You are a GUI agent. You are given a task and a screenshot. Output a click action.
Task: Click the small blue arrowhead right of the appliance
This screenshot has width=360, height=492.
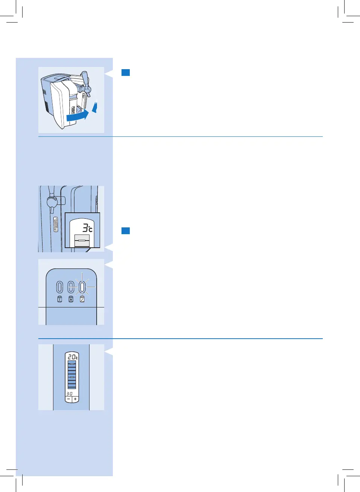pos(95,107)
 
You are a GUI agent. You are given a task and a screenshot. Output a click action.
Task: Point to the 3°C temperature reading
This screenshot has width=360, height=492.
pos(87,228)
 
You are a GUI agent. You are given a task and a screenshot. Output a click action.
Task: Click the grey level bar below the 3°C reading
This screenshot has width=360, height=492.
pos(82,241)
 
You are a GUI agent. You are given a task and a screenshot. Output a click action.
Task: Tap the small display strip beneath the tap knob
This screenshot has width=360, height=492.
pos(56,224)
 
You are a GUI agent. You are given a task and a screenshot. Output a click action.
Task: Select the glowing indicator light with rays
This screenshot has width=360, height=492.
pos(82,288)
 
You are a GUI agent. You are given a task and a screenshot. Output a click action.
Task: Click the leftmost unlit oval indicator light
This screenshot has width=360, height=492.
pos(59,288)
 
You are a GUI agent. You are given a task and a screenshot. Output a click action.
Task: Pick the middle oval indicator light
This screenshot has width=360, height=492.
pos(71,288)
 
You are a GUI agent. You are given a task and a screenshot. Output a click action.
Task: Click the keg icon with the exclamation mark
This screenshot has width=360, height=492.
pos(59,299)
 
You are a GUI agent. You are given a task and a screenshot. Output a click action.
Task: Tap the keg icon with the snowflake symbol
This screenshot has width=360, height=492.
pos(71,299)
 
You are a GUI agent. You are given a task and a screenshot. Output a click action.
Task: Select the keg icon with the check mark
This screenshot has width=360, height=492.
pos(82,299)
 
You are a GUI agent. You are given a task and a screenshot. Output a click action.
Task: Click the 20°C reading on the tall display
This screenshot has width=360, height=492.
pos(73,357)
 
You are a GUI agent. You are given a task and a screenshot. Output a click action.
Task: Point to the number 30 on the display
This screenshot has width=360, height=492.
pos(69,394)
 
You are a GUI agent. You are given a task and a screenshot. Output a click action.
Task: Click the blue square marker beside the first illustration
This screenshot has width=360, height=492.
pos(126,73)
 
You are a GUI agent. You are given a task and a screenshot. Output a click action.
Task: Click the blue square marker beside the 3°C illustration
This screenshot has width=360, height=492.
pos(126,231)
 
